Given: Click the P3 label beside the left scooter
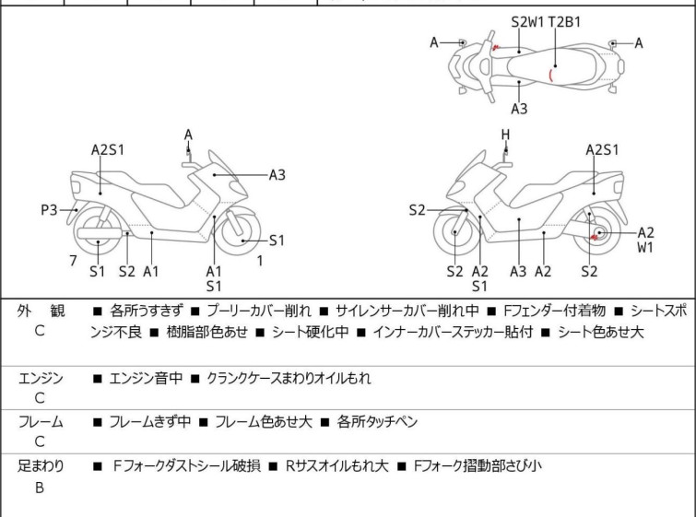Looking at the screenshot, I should pos(50,210).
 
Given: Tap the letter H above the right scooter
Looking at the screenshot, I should pos(505,135).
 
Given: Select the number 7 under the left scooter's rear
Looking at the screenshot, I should pos(73,260).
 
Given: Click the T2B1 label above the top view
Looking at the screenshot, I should pos(564,20).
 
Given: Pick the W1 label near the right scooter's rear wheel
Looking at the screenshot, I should pos(644,248).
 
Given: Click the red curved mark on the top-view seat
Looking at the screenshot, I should pos(551,74).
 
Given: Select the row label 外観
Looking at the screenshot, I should pos(41,311).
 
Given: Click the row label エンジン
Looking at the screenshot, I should pos(41,378).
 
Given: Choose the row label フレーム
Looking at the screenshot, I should pos(41,422).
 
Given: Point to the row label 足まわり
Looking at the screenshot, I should pos(41,466).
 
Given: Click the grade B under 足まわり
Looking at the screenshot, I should pos(40,488).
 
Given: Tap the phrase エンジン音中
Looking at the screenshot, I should pos(147,378).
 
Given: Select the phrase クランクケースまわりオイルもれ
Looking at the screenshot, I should pos(289,378).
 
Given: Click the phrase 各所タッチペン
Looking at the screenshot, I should pos(377,422).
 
